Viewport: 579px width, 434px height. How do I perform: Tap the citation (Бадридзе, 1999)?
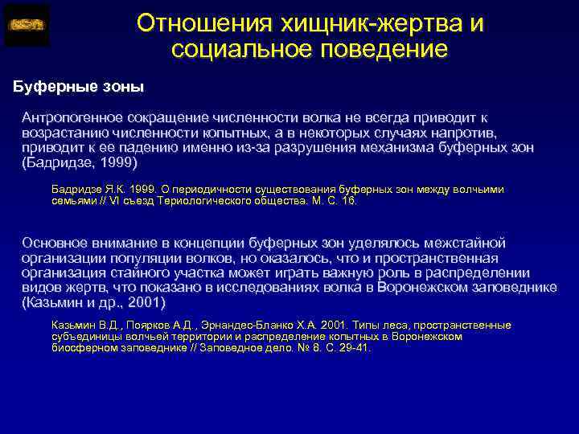pos(80,162)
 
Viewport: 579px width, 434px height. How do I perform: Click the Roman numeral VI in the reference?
pos(114,200)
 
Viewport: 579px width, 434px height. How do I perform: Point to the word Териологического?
pos(194,200)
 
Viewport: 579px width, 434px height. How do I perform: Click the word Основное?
pos(55,242)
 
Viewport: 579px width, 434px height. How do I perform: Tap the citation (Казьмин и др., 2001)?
pos(93,302)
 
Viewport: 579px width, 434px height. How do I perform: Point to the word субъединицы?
pos(84,337)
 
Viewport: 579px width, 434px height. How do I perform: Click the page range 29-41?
pos(353,349)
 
